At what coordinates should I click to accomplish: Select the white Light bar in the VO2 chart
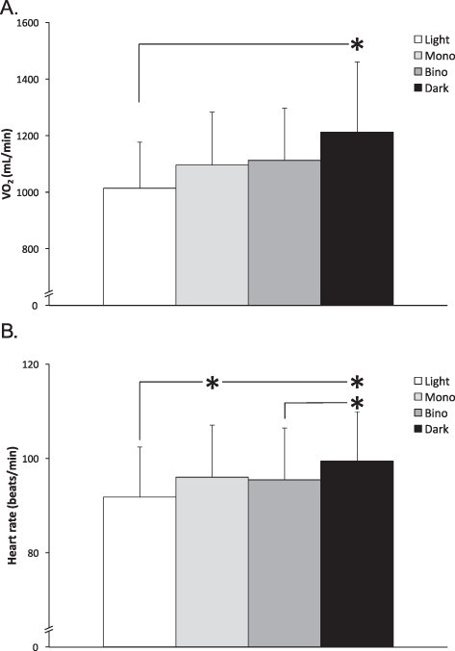pyautogui.click(x=139, y=246)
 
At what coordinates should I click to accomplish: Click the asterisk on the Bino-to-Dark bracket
pyautogui.click(x=357, y=404)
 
